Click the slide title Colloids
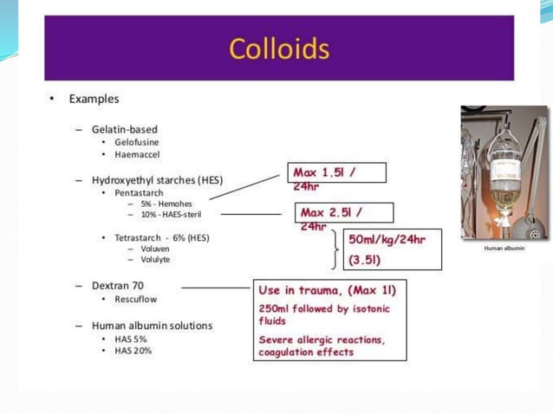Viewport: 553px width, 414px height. pos(278,48)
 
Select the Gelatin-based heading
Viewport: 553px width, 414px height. pos(125,128)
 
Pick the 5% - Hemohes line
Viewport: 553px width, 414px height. pos(166,203)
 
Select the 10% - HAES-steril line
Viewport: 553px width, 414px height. pos(172,214)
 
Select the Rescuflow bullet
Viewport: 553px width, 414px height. pos(136,298)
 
